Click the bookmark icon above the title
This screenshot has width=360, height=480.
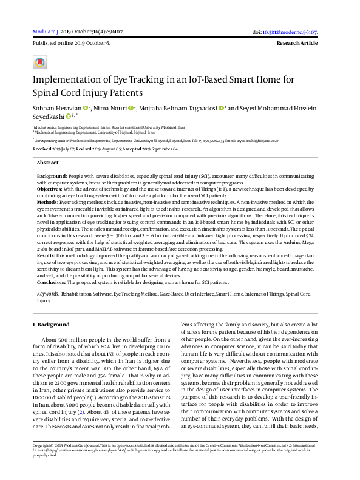(x=40, y=62)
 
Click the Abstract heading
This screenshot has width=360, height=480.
(x=48, y=163)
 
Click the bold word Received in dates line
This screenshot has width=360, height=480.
(x=42, y=149)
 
